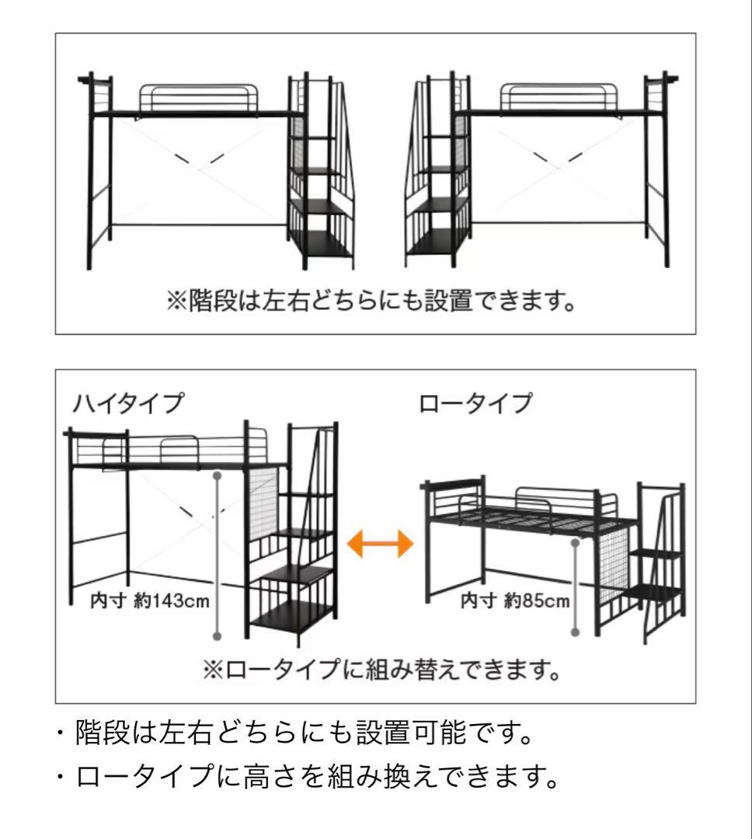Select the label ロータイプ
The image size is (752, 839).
[475, 405]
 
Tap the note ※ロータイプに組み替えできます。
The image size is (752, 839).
[381, 669]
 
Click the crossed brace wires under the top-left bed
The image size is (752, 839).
[197, 163]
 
